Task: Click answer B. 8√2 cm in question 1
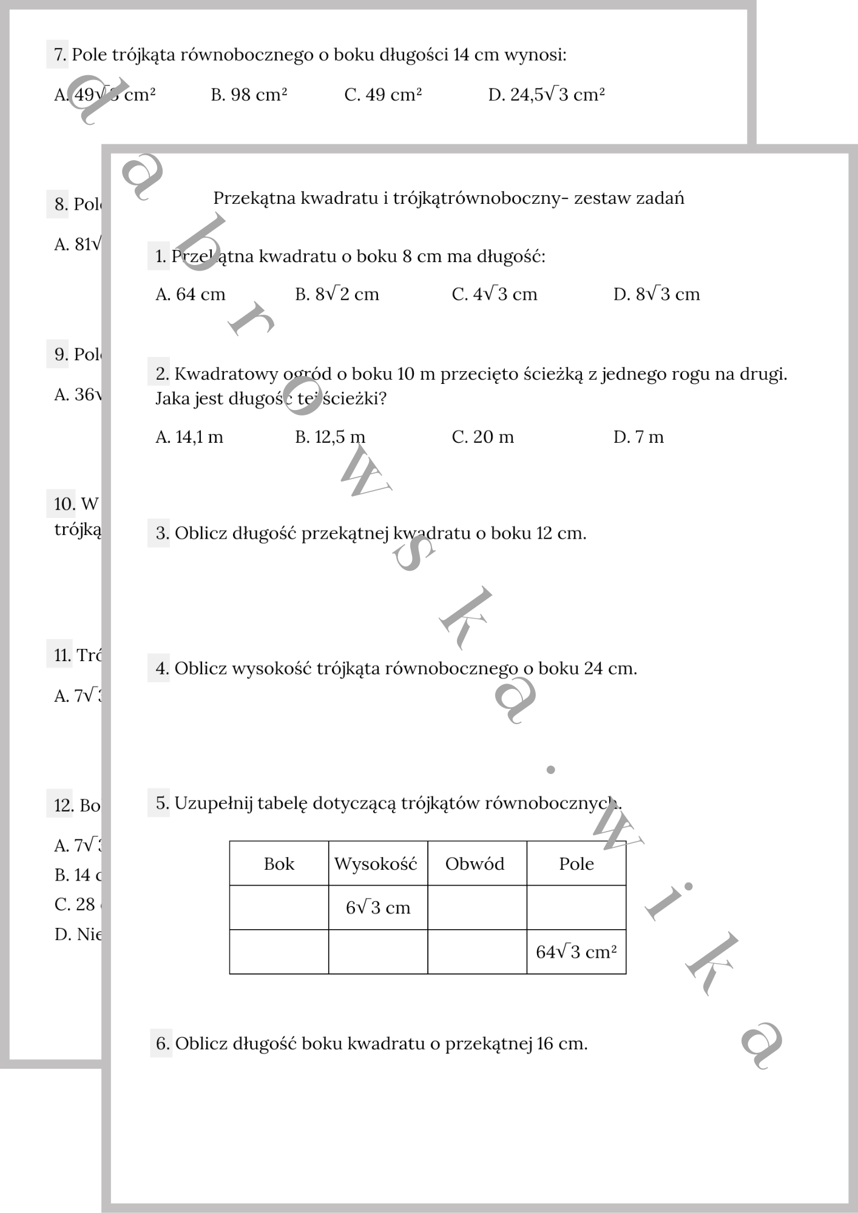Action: tap(337, 295)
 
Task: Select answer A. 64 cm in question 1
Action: tap(190, 295)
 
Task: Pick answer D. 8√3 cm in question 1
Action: tap(657, 295)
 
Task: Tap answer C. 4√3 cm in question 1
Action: tap(495, 295)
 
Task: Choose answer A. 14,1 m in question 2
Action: tap(189, 437)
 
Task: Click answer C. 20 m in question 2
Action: tap(482, 437)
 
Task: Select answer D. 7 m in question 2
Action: tap(638, 437)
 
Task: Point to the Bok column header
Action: tap(279, 864)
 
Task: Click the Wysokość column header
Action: tap(376, 864)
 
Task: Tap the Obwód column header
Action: tap(475, 864)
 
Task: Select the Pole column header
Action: tap(576, 864)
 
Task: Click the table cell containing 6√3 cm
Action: tap(378, 908)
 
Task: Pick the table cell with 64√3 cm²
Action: tap(576, 952)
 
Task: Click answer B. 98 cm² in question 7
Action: tap(249, 95)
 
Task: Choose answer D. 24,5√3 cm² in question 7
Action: tap(546, 95)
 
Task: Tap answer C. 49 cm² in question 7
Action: tap(383, 95)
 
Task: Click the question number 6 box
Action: tap(161, 1044)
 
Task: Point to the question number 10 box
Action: tap(61, 504)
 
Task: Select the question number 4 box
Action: tap(159, 669)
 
